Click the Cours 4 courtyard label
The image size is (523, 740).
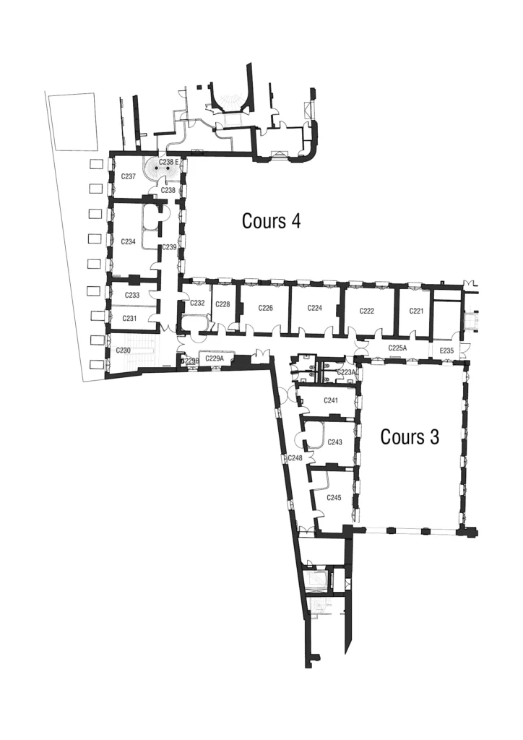pos(271,221)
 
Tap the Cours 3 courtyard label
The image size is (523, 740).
pos(410,437)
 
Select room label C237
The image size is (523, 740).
pos(129,176)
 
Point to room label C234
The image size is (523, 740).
pos(129,241)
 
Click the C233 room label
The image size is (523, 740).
pos(132,296)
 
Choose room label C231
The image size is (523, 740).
pos(129,319)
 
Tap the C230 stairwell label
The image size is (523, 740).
pos(123,350)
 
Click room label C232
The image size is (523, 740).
pos(197,303)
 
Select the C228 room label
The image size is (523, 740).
pos(222,304)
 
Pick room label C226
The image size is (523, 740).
pos(266,308)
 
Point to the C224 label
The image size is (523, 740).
pos(314,308)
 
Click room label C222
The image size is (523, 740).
pos(367,311)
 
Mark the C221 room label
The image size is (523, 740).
pos(416,311)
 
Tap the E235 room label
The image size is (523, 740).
pos(446,350)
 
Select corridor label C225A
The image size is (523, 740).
pos(397,348)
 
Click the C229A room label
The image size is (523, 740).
pos(215,358)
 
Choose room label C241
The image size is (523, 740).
pos(331,400)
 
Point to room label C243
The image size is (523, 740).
pos(334,442)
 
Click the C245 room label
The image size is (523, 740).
pos(334,498)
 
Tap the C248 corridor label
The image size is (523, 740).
pos(295,457)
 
